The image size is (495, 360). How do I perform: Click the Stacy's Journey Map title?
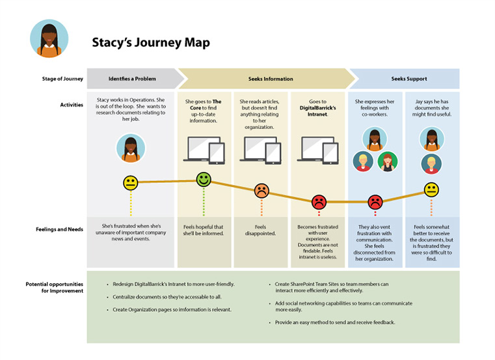(150, 43)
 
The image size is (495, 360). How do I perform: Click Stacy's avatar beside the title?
(49, 38)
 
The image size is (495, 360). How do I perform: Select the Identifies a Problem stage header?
(131, 79)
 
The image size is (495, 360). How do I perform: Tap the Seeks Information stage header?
(271, 79)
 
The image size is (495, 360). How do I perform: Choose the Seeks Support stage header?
(408, 79)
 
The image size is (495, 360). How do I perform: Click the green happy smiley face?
(204, 179)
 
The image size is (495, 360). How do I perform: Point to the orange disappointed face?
(261, 191)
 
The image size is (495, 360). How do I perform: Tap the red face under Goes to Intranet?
(319, 202)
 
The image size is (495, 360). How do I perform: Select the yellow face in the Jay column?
(431, 189)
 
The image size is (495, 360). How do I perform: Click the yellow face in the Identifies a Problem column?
(131, 183)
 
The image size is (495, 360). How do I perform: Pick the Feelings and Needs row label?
(59, 229)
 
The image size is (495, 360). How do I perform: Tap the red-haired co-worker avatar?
(388, 161)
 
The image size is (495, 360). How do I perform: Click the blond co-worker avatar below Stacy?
(431, 163)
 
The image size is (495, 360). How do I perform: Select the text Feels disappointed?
(261, 230)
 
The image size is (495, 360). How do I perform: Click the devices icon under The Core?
(204, 149)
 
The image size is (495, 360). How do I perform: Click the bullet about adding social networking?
(343, 307)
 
